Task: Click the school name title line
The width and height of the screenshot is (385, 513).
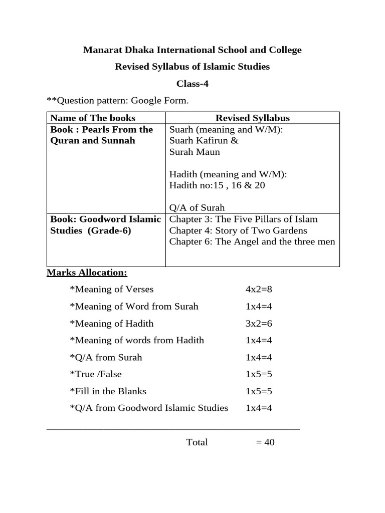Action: pyautogui.click(x=192, y=50)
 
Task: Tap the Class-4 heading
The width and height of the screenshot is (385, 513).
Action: pyautogui.click(x=192, y=84)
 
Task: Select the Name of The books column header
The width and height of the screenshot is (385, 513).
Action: pyautogui.click(x=93, y=118)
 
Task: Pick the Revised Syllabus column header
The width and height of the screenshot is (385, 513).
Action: pyautogui.click(x=252, y=118)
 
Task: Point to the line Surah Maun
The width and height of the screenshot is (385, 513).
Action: pyautogui.click(x=195, y=151)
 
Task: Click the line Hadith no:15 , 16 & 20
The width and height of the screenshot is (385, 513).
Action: pyautogui.click(x=217, y=185)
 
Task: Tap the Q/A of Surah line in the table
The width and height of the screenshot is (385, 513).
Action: pyautogui.click(x=197, y=207)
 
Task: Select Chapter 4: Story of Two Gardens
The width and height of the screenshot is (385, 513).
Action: pyautogui.click(x=238, y=230)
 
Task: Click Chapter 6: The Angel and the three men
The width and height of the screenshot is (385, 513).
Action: pyautogui.click(x=252, y=242)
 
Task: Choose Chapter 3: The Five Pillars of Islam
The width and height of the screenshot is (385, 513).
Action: pyautogui.click(x=244, y=219)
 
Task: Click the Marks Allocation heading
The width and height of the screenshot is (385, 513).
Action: pyautogui.click(x=87, y=273)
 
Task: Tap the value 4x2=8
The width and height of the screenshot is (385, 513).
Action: pyautogui.click(x=258, y=289)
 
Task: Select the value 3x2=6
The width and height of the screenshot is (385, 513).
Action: pyautogui.click(x=258, y=323)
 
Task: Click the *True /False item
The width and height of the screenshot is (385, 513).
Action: pyautogui.click(x=96, y=374)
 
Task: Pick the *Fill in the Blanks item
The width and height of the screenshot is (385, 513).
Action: pyautogui.click(x=108, y=391)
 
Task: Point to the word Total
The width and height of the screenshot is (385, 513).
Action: pyautogui.click(x=197, y=442)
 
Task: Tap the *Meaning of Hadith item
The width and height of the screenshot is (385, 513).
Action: pyautogui.click(x=112, y=323)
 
